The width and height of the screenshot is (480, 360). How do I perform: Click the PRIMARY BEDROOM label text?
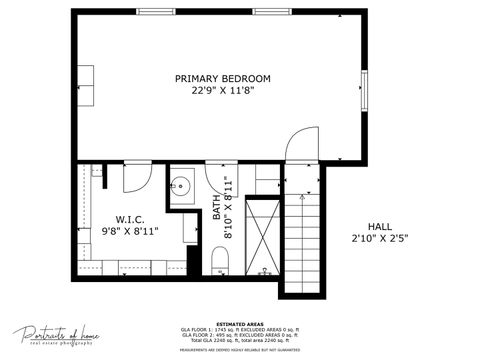[222, 78]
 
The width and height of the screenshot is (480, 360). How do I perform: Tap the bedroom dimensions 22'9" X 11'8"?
[222, 90]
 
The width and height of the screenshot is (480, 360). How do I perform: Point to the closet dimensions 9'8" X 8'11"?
[130, 233]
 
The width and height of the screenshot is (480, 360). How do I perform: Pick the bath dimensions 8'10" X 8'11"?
[229, 208]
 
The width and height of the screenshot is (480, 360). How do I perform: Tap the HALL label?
[380, 226]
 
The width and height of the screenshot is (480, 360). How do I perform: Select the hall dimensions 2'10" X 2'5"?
[380, 238]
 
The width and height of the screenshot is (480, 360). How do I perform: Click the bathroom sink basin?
[181, 187]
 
